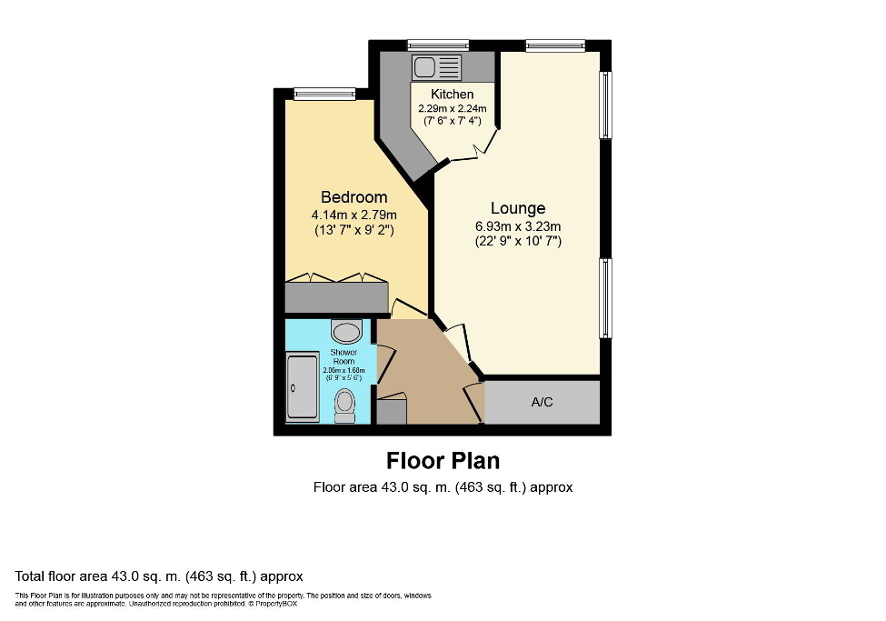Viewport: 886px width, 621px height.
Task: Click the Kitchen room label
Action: (x=452, y=95)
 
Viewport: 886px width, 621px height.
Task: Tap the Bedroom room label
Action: (x=353, y=197)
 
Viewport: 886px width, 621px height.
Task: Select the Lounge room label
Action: (x=518, y=208)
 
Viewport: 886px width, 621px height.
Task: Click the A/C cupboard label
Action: (x=542, y=402)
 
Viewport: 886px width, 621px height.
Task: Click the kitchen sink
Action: (x=437, y=66)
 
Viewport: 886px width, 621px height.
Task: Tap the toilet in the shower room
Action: (x=344, y=405)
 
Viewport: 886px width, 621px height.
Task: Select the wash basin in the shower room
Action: (x=346, y=330)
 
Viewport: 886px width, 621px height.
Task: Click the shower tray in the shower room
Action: (x=303, y=388)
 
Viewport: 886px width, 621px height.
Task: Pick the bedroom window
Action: (x=324, y=93)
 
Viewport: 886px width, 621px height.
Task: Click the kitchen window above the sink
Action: (x=437, y=45)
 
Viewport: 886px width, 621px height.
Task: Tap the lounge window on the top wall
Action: (x=554, y=45)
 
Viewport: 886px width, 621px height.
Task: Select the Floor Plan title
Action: (x=443, y=460)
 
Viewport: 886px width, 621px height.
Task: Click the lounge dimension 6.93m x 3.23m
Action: (x=518, y=226)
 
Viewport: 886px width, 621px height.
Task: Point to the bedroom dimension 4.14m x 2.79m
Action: (x=353, y=215)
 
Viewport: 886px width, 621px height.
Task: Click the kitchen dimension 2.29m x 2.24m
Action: (x=452, y=109)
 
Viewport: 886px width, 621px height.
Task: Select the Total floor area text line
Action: (x=159, y=576)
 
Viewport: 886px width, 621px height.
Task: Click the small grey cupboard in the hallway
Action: (x=392, y=412)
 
